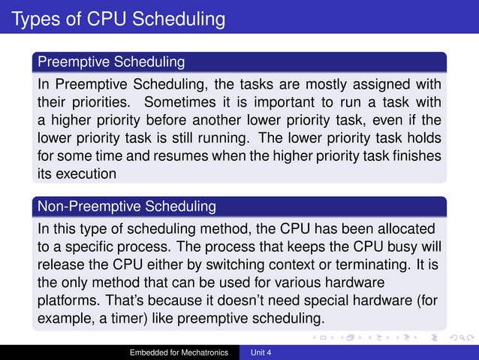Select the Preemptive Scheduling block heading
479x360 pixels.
pyautogui.click(x=110, y=60)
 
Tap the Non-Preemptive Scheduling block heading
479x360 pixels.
pyautogui.click(x=127, y=205)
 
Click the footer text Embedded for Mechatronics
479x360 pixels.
pyautogui.click(x=179, y=352)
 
